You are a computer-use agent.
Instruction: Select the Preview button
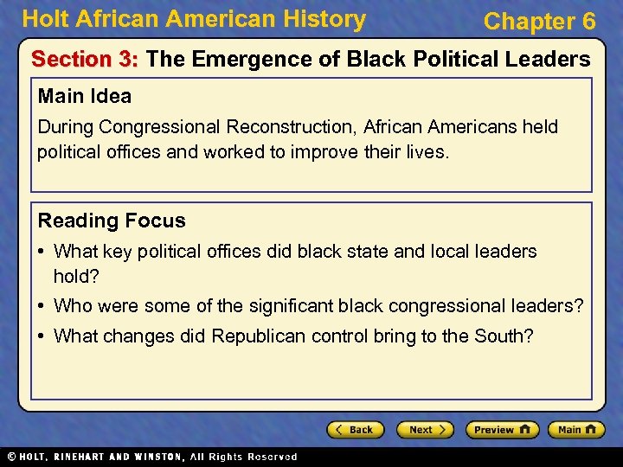pos(502,430)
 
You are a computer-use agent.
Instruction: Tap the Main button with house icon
pos(579,430)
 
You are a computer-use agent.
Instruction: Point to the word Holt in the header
pos(44,19)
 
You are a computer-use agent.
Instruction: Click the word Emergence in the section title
pos(247,60)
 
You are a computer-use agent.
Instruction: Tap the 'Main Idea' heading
pos(85,96)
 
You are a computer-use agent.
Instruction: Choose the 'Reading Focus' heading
pos(112,221)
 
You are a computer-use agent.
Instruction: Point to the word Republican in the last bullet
pos(258,336)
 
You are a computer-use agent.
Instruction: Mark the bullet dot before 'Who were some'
pos(42,306)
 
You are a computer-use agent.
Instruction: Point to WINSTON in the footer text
pos(157,457)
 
